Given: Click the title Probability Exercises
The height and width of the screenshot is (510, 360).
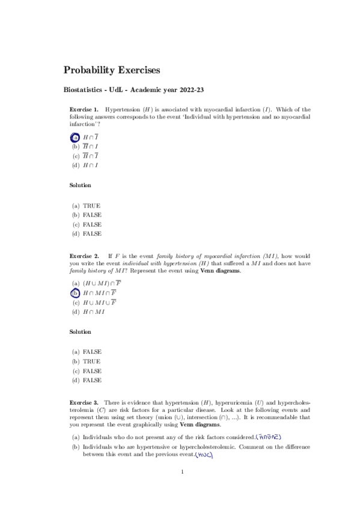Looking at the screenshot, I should coord(112,70).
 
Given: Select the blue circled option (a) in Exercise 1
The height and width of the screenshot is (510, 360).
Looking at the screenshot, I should coord(75,137).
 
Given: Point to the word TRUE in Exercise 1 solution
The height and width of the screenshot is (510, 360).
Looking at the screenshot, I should coord(92,206).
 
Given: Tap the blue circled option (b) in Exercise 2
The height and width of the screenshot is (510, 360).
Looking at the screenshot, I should coord(75,293).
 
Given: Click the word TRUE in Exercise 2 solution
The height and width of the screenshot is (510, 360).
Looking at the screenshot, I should coord(92,361).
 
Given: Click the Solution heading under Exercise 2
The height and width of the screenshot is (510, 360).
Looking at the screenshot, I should coord(81,331).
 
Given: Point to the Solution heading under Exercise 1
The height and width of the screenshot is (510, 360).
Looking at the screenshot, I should coord(81,185).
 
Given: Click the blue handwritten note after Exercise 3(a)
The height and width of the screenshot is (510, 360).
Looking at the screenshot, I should coord(269,437).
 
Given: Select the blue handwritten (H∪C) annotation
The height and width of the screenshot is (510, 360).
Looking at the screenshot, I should coord(205,455).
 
